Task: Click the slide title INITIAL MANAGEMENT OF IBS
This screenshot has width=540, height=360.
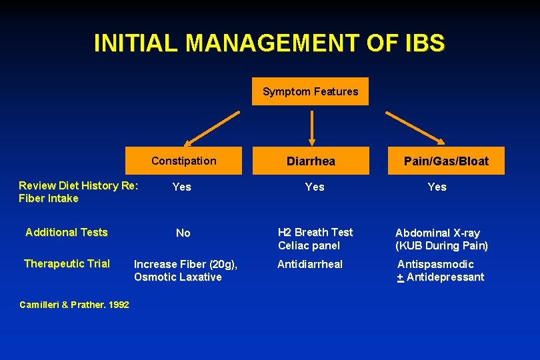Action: click(269, 43)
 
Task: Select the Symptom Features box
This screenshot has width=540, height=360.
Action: click(310, 92)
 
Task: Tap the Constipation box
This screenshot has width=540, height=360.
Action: click(183, 161)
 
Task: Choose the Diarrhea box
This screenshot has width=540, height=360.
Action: click(311, 161)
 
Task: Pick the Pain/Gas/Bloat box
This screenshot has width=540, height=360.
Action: click(446, 161)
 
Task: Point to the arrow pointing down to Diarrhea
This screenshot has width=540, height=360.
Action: click(311, 126)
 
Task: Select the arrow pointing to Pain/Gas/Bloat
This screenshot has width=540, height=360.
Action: click(415, 127)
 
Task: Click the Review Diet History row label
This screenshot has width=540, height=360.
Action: click(78, 192)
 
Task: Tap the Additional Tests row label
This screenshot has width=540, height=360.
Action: click(66, 233)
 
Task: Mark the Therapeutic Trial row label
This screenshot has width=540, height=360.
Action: click(67, 264)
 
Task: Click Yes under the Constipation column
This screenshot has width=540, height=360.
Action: click(181, 187)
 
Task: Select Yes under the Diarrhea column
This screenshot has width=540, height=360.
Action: click(314, 187)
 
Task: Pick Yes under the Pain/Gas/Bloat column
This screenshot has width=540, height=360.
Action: click(437, 187)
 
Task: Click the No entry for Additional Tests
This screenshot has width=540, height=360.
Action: click(183, 233)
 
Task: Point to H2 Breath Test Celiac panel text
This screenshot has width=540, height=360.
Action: click(315, 239)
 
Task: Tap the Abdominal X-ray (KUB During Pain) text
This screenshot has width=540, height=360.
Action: click(441, 239)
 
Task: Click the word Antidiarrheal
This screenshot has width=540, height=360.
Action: click(309, 265)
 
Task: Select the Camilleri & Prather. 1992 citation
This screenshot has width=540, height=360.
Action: click(74, 305)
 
